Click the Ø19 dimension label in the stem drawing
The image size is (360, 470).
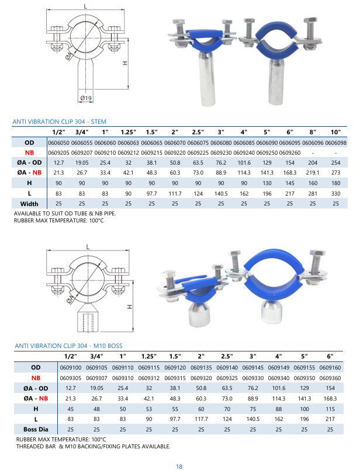(86, 97)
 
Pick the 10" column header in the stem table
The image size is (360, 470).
(335, 133)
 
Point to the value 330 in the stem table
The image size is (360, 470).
(335, 193)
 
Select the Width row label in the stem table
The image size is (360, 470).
(29, 203)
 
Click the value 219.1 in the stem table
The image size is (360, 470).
(313, 172)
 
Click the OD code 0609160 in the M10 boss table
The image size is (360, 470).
(330, 367)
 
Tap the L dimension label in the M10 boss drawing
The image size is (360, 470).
(87, 247)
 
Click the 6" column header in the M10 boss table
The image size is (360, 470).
(330, 356)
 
